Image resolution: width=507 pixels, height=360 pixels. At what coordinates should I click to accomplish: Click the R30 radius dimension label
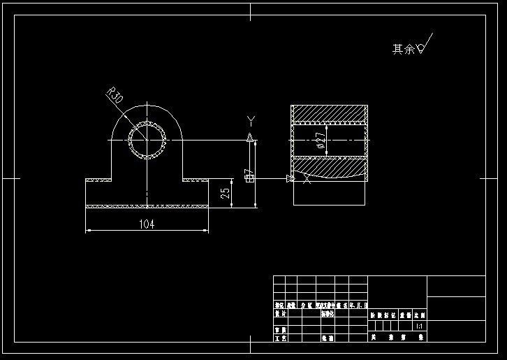tap(115, 96)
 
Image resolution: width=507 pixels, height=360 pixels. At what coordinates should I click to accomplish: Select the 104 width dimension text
tap(147, 224)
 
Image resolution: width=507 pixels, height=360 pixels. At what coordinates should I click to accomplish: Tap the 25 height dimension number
tap(225, 194)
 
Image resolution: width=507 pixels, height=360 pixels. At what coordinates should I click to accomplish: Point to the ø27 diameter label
tap(321, 141)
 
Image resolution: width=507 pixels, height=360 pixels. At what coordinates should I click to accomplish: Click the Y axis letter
tap(251, 121)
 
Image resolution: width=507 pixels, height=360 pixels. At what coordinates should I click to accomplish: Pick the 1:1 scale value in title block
tap(418, 326)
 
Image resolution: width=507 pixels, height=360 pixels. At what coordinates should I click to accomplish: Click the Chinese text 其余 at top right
tap(403, 49)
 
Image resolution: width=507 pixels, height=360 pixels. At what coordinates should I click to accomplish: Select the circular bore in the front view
tap(147, 141)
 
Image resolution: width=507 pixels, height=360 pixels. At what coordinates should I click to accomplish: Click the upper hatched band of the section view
tap(329, 113)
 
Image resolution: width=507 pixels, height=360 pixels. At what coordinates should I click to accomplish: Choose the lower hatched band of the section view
tap(329, 168)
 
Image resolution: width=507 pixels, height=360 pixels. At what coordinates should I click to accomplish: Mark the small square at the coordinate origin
tap(249, 178)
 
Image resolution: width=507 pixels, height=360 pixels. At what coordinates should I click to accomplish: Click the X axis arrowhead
tap(290, 179)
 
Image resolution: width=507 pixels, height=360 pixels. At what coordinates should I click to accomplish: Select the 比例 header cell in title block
tap(419, 315)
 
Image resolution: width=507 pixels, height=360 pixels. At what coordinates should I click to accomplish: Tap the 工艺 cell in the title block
tap(279, 338)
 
